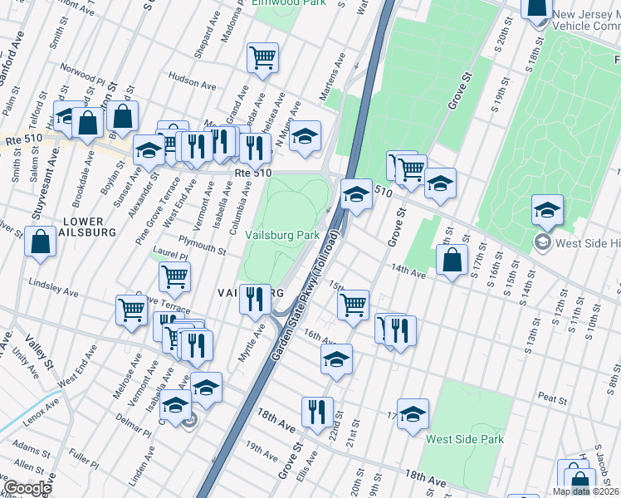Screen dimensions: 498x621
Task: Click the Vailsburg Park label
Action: click(282, 236)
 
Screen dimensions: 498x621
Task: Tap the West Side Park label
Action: click(464, 438)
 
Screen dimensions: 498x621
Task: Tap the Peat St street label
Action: click(552, 398)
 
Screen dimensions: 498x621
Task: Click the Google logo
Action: click(27, 488)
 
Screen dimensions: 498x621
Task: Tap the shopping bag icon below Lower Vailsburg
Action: click(41, 242)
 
